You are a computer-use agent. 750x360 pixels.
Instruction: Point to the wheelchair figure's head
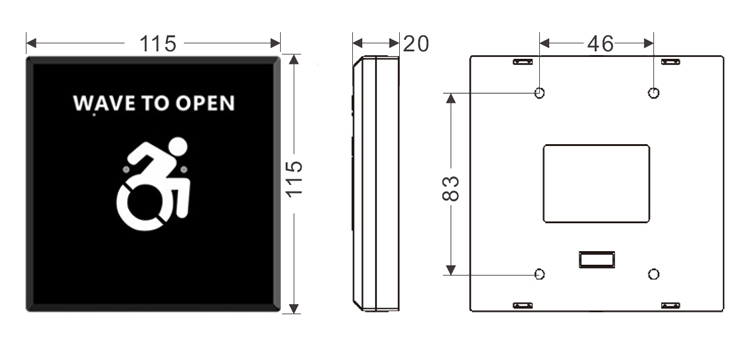[x=178, y=146]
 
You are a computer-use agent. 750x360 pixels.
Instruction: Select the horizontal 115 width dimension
[x=157, y=44]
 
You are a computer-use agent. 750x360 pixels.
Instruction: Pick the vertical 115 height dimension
[x=295, y=178]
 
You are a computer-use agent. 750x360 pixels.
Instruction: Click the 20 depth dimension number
[x=416, y=44]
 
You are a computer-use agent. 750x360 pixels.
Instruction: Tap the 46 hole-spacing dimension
[x=600, y=44]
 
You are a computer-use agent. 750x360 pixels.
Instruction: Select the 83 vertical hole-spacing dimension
[x=451, y=188]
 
